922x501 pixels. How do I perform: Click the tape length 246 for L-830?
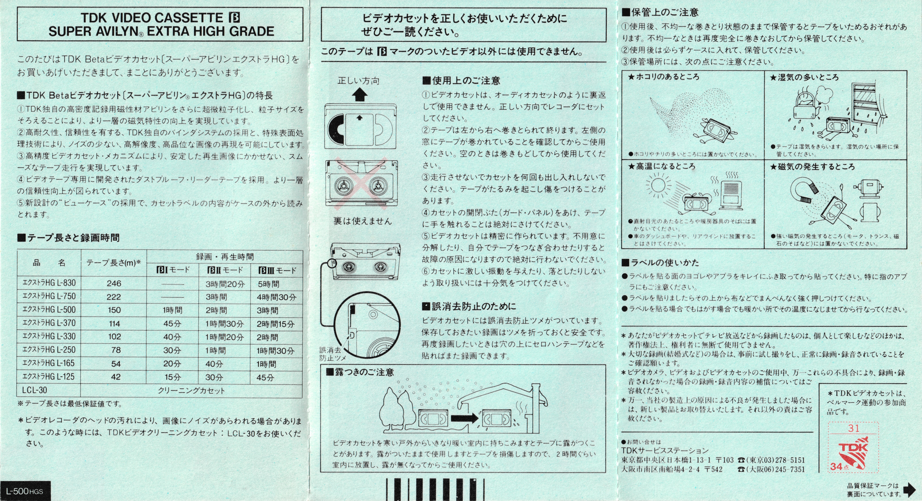point(114,283)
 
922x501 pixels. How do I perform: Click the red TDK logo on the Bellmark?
point(853,447)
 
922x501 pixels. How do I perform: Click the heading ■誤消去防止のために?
point(469,306)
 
